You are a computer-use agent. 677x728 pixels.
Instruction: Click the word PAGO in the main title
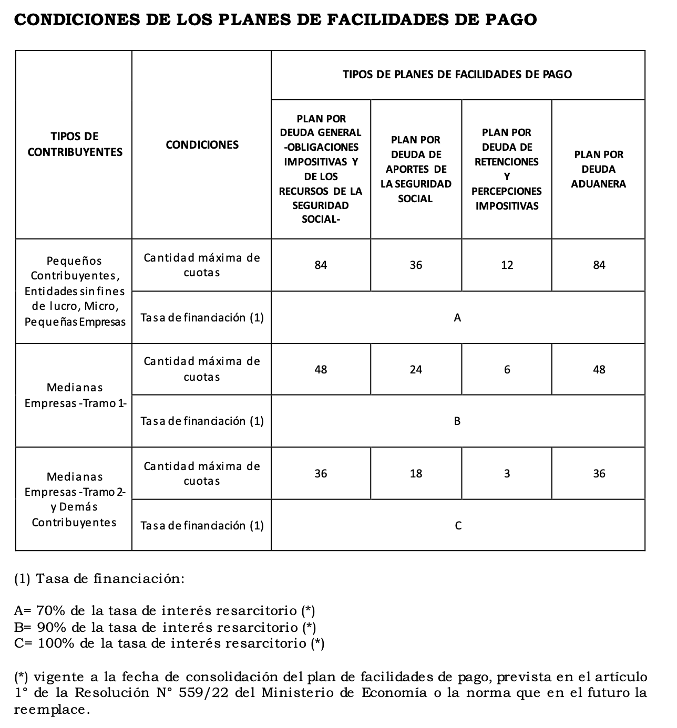[x=510, y=20]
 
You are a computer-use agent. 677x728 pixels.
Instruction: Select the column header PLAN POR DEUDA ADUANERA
[x=598, y=169]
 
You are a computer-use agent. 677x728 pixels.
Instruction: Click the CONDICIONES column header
[x=202, y=145]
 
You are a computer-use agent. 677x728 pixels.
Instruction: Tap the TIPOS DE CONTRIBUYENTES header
[x=75, y=144]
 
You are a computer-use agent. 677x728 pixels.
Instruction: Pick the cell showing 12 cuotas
[x=507, y=265]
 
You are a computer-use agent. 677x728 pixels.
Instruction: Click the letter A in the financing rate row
[x=457, y=318]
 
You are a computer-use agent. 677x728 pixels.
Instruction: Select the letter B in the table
[x=457, y=421]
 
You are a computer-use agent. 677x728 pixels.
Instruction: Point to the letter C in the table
[x=458, y=526]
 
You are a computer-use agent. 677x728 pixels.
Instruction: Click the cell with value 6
[x=507, y=370]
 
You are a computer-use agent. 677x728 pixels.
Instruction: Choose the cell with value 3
[x=507, y=474]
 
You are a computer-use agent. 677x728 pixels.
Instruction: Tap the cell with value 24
[x=416, y=370]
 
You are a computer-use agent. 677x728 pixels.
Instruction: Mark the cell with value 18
[x=416, y=474]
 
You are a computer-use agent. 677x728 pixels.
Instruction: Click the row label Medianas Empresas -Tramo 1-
[x=75, y=396]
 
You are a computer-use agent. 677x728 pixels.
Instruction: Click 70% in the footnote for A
[x=51, y=611]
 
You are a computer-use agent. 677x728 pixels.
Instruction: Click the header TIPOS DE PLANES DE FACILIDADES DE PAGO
[x=457, y=75]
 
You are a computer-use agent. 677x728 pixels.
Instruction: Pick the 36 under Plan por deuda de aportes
[x=416, y=265]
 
